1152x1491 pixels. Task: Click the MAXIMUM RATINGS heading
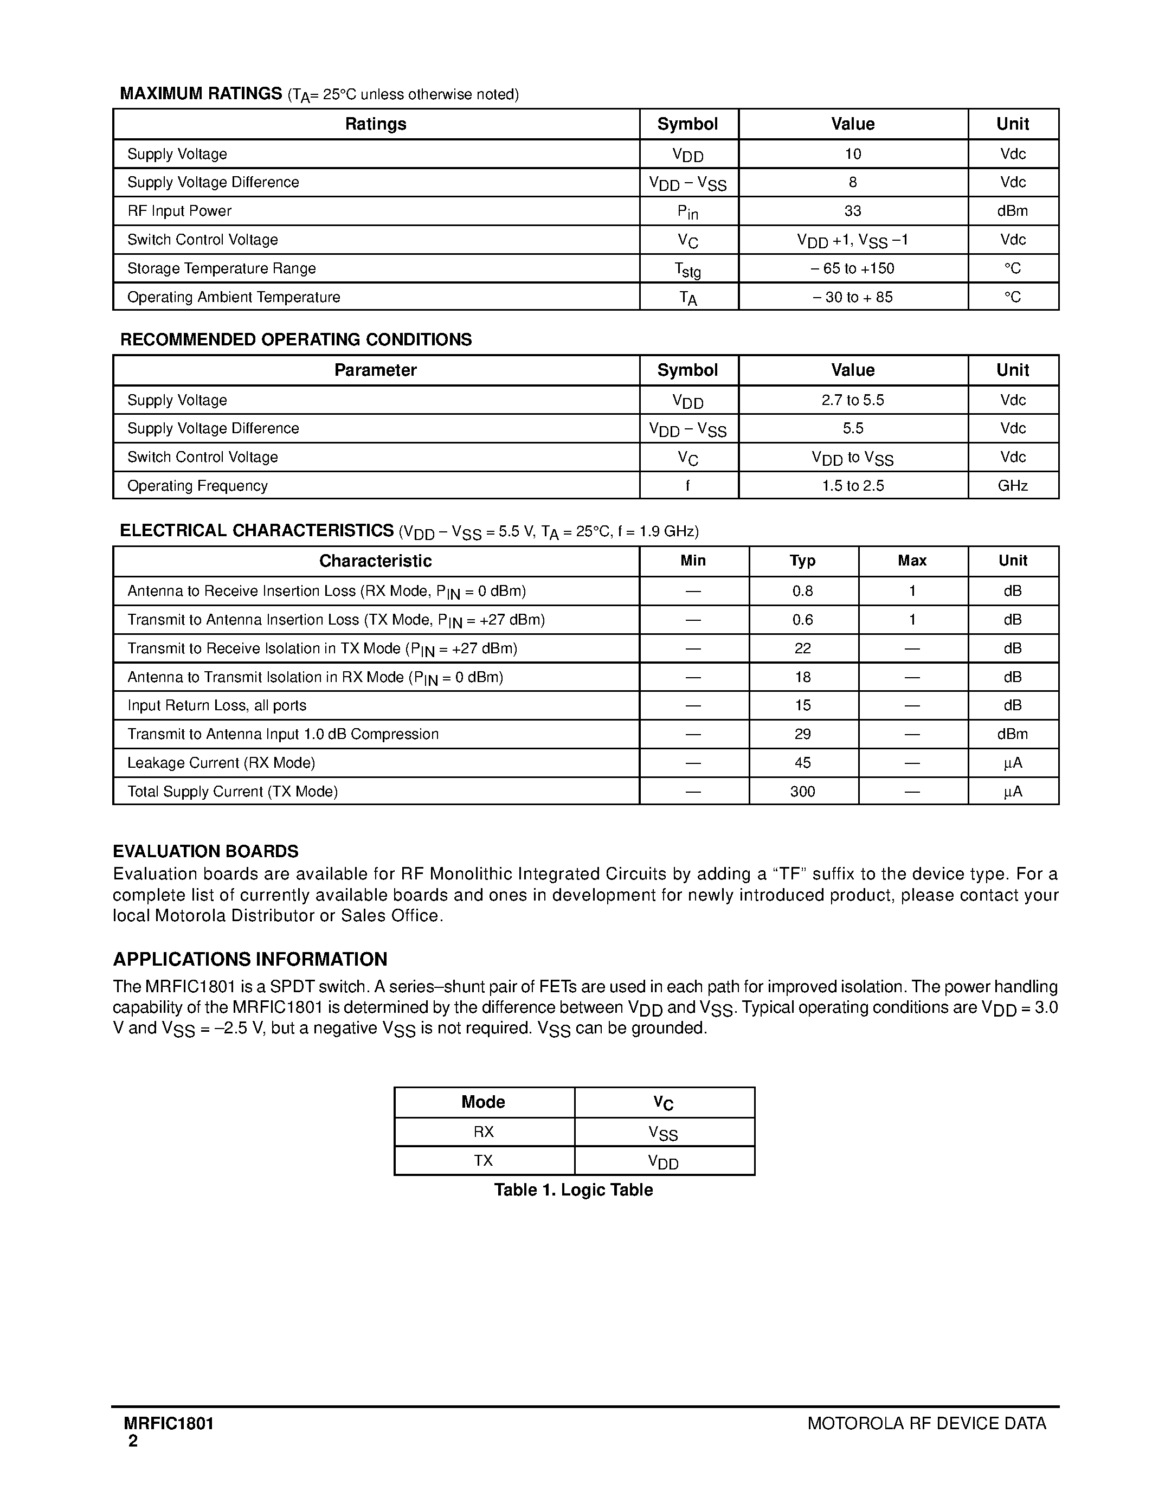201,94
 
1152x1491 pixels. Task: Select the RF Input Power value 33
852,211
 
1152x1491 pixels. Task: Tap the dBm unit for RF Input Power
1012,211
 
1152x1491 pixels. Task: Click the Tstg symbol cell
687,269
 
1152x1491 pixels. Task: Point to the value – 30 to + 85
852,297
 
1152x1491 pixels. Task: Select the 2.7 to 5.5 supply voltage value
852,400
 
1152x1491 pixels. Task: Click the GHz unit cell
1012,485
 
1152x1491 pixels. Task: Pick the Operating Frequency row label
197,485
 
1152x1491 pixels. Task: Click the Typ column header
802,561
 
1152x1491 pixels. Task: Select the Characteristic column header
375,561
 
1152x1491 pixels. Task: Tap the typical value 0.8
802,591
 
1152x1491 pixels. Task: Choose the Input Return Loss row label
216,705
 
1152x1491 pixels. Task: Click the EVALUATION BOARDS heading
205,851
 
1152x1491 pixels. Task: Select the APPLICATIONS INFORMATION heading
250,959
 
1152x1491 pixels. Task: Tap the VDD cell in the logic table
664,1161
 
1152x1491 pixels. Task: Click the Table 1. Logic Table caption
573,1190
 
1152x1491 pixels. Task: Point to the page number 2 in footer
133,1441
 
